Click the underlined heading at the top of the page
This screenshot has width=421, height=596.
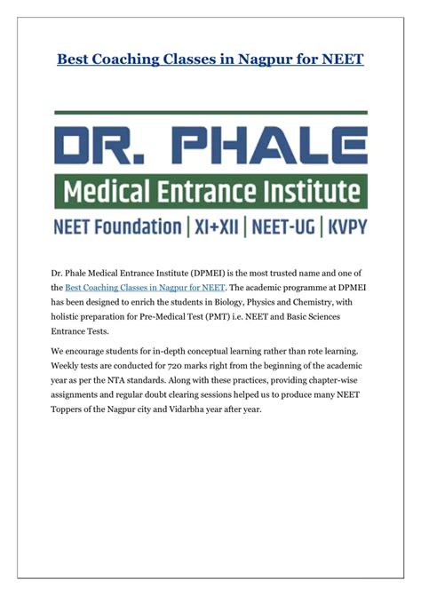click(210, 60)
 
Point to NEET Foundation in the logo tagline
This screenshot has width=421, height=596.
click(116, 226)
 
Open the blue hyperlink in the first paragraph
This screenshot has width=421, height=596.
click(146, 288)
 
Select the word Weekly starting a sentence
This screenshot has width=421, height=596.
click(70, 368)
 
